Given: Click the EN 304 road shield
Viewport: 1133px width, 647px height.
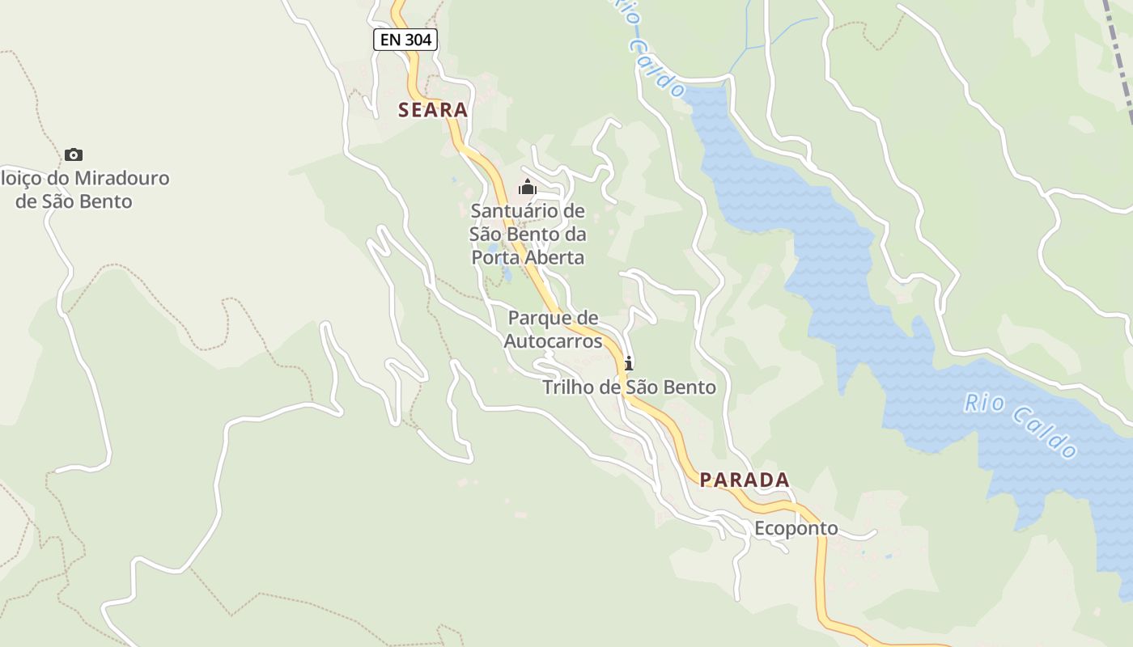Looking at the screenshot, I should click(x=405, y=39).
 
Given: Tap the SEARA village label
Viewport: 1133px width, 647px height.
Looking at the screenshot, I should click(x=433, y=110).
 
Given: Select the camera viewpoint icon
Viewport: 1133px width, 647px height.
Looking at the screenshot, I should click(x=74, y=154).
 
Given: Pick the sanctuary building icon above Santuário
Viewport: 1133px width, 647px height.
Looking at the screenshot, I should click(x=528, y=188).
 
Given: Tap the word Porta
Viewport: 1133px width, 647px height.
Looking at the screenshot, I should click(x=494, y=258).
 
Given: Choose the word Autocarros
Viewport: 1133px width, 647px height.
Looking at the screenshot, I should click(x=554, y=341).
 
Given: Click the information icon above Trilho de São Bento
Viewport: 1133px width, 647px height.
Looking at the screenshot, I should click(x=629, y=363).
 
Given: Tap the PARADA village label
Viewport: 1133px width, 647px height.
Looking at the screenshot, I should click(x=745, y=480).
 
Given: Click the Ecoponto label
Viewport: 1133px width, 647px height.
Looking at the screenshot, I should click(x=796, y=529).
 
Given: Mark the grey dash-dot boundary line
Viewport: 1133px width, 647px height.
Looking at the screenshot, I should click(x=1122, y=57).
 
